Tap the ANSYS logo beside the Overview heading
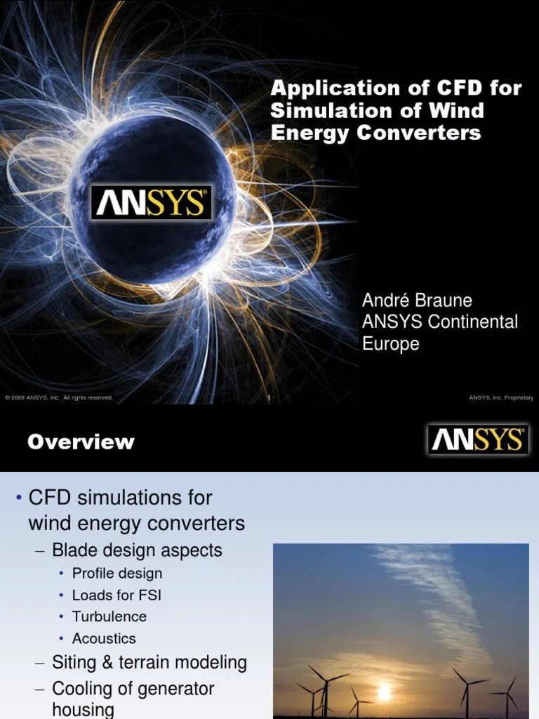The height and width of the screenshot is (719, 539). coord(477,440)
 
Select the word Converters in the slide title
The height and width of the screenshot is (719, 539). coord(430,133)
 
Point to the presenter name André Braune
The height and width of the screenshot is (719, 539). coord(417,301)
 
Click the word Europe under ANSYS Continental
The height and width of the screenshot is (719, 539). coord(391,344)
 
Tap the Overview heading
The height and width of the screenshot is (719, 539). coord(81,442)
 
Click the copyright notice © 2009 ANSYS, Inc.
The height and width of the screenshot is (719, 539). coord(59,398)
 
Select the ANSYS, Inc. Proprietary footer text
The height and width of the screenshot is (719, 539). coord(500,398)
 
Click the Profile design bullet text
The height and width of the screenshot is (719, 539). coord(117,573)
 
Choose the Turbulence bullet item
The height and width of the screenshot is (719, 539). coord(109,616)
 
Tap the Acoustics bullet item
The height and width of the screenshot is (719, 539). coord(104,638)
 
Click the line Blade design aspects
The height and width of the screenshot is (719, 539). coord(138,550)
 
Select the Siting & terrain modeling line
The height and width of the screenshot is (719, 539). coord(149,662)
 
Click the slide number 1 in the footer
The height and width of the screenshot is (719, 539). coord(269,398)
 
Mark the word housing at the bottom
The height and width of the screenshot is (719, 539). coord(83,710)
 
